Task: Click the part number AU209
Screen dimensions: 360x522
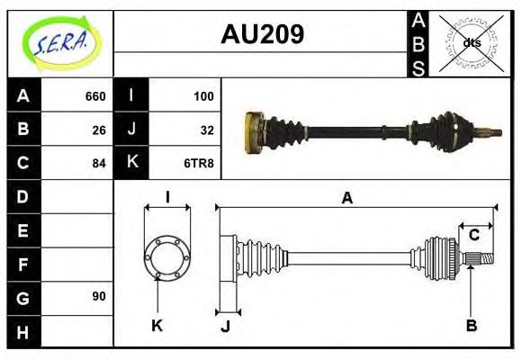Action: tap(262, 34)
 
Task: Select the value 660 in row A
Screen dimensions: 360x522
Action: tap(94, 96)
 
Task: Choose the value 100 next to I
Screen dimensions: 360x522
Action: tap(203, 96)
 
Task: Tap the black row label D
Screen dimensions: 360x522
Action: tap(23, 196)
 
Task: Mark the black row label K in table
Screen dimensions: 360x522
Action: tap(132, 163)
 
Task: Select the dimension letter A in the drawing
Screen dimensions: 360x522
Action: tap(346, 198)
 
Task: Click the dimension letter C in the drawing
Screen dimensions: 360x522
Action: tap(473, 235)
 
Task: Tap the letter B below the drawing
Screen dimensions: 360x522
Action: tap(471, 325)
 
